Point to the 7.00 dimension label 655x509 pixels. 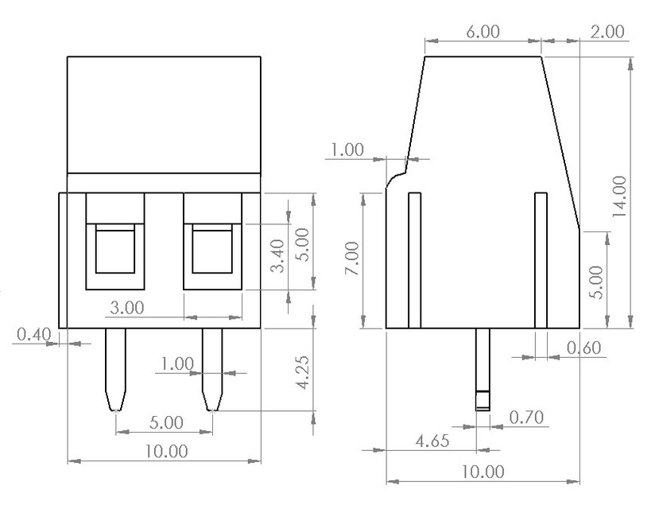(352, 260)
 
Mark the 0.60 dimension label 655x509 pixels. (585, 347)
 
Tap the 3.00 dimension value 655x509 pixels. (126, 306)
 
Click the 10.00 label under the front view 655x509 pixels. (165, 451)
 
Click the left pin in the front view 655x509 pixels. (116, 369)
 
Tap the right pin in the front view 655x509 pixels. (212, 369)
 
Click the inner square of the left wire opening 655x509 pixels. (115, 250)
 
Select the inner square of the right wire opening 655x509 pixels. (212, 250)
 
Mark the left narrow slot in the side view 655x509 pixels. (413, 260)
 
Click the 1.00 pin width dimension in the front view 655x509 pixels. (176, 363)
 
